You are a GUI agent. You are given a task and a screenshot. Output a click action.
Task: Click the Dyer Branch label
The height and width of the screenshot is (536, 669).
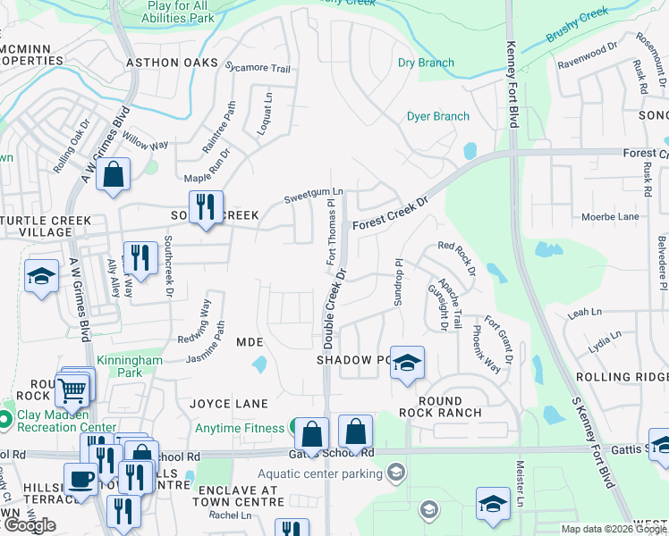[x=437, y=116]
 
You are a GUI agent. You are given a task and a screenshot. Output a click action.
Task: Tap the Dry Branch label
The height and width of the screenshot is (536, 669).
[x=426, y=63]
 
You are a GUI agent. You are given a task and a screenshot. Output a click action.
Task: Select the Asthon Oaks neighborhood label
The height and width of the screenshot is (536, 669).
[x=172, y=63]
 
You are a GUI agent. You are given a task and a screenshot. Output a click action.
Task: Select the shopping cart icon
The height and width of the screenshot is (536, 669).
[x=72, y=389]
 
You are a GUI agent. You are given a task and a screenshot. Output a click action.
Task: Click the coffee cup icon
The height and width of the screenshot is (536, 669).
[x=80, y=478]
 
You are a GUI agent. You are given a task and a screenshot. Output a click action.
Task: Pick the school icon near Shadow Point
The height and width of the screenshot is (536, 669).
[x=407, y=362]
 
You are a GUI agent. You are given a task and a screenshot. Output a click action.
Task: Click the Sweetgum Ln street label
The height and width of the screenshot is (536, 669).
[x=313, y=191]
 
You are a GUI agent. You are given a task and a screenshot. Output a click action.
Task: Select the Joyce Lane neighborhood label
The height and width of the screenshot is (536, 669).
[x=229, y=404]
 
